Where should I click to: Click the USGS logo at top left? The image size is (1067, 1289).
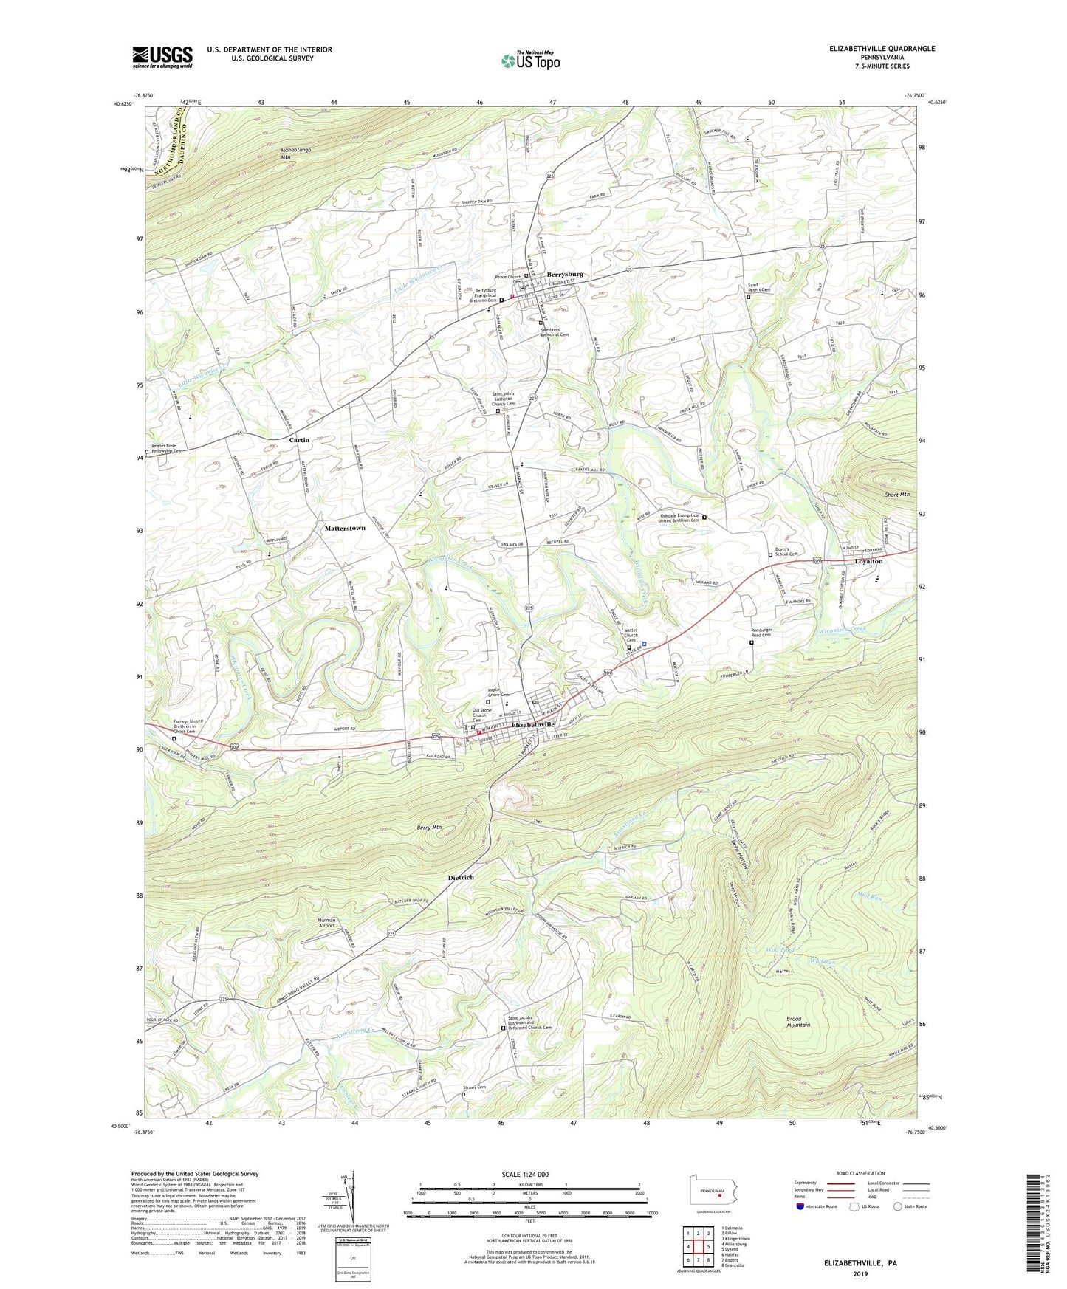[162, 57]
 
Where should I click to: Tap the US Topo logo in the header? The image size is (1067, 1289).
[530, 61]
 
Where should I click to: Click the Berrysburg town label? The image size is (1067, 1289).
[565, 274]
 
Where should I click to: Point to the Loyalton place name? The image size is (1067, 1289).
[868, 562]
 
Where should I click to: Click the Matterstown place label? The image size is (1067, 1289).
[345, 528]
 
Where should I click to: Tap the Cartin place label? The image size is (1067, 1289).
[299, 440]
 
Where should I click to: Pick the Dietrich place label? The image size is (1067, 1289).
[461, 877]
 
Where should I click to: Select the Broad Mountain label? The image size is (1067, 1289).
[798, 1022]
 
